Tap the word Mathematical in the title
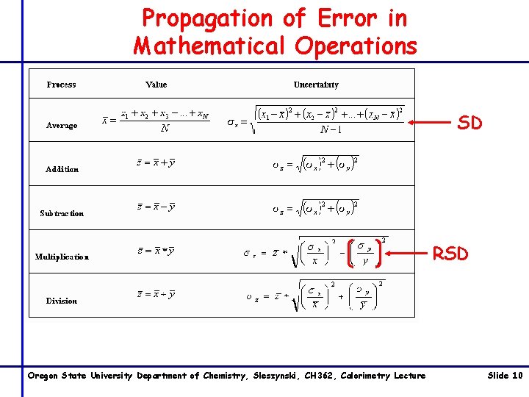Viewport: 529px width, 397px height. (211, 46)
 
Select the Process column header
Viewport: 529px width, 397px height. (61, 85)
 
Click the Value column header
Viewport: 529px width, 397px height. (156, 85)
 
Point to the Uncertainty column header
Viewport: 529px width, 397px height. (316, 85)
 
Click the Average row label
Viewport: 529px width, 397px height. (62, 125)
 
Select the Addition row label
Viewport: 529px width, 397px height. (62, 169)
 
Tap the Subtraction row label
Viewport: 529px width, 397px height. (62, 213)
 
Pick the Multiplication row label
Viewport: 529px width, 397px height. (62, 257)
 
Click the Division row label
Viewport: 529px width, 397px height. (62, 301)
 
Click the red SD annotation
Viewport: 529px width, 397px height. (469, 124)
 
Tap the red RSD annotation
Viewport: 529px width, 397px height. (450, 254)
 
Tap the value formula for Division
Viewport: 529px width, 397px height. (156, 295)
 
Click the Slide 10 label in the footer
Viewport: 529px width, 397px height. (505, 376)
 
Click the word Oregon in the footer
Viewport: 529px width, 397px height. (43, 376)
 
